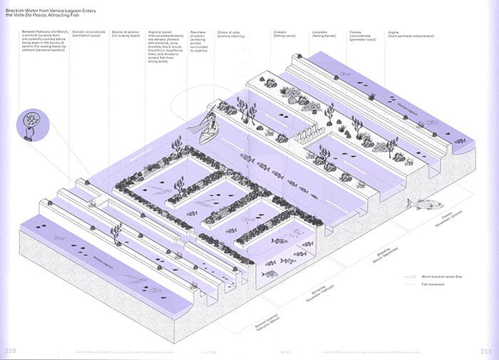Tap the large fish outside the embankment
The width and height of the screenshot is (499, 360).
coord(424,205)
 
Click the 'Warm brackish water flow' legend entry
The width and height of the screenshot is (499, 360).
coord(440,276)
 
